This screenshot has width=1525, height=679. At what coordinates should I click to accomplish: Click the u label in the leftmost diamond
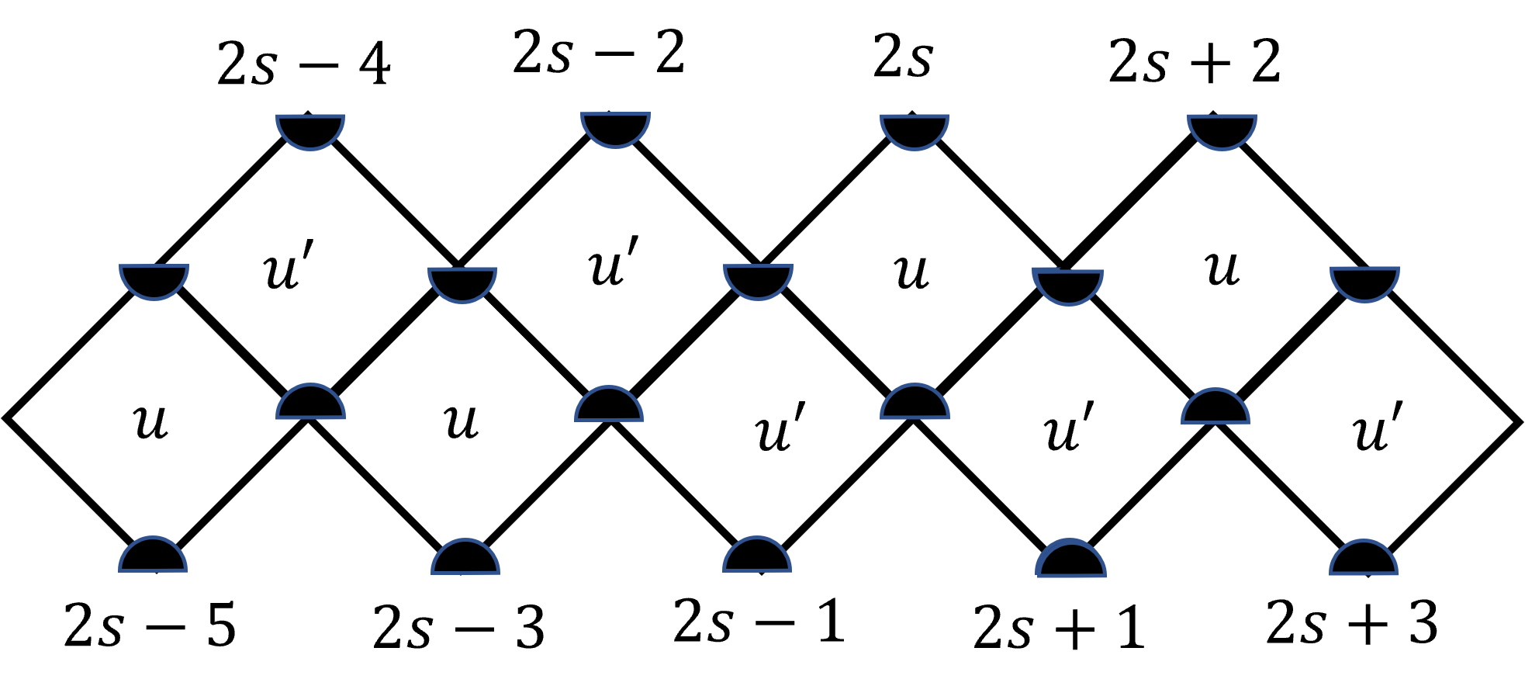pyautogui.click(x=150, y=422)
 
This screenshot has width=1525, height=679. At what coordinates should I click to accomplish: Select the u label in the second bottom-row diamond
pyautogui.click(x=461, y=422)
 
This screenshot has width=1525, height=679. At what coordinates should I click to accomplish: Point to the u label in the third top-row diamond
pyautogui.click(x=911, y=272)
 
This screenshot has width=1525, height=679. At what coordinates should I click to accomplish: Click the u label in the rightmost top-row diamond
pyautogui.click(x=1222, y=268)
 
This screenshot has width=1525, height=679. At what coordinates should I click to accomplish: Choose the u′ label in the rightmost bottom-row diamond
pyautogui.click(x=1378, y=428)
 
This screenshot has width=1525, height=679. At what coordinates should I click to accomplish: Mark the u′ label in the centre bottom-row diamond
pyautogui.click(x=780, y=428)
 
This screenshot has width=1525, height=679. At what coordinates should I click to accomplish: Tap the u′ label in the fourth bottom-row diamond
pyautogui.click(x=1070, y=428)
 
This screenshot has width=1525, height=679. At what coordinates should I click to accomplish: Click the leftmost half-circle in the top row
pyautogui.click(x=310, y=130)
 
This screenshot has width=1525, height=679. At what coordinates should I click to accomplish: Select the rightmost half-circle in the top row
pyautogui.click(x=1222, y=130)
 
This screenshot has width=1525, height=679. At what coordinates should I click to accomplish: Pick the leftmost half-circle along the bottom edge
pyautogui.click(x=153, y=556)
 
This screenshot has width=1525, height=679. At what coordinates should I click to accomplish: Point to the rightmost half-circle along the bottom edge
pyautogui.click(x=1364, y=559)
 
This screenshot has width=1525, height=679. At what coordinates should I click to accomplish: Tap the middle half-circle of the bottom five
pyautogui.click(x=757, y=556)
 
